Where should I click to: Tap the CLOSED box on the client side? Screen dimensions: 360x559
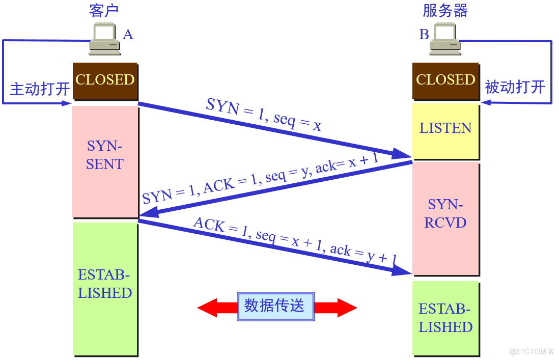[x=105, y=80]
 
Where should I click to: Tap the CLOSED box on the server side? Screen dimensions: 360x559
[x=445, y=80]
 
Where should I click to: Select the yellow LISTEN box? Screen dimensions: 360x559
[x=445, y=128]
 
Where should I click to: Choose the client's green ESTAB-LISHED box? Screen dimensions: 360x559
[x=105, y=288]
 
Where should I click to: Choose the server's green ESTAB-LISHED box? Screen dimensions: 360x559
[x=445, y=318]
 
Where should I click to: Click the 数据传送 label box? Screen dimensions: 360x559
[x=275, y=306]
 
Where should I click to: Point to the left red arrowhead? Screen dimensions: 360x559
[x=209, y=308]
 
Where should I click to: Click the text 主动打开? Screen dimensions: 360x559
[x=40, y=89]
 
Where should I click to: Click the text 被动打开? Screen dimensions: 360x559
[x=515, y=87]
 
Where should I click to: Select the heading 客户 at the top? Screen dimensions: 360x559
[x=104, y=11]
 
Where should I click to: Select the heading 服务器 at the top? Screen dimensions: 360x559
[x=445, y=11]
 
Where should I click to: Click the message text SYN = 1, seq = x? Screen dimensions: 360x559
[x=264, y=115]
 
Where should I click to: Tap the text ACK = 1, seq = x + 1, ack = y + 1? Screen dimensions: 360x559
[x=295, y=242]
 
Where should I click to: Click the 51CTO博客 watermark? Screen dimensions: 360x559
[x=532, y=351]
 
